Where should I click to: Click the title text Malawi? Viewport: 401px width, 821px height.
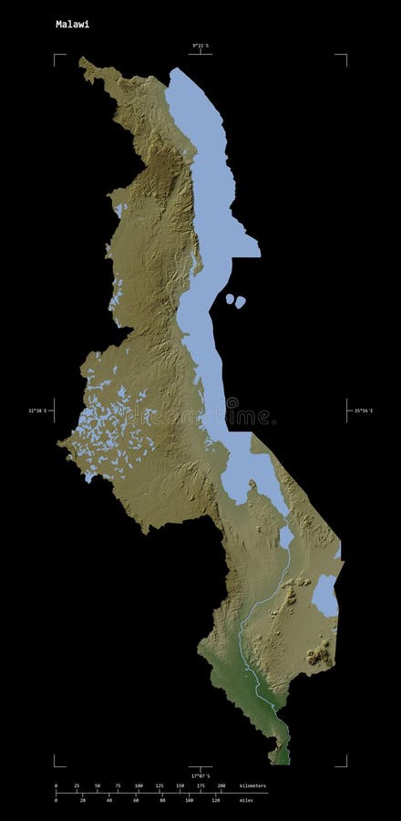pos(72,25)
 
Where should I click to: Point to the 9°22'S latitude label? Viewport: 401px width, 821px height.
pos(200,46)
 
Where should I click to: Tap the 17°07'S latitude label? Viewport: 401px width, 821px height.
pos(200,776)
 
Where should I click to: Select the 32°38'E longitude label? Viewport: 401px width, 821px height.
pos(37,411)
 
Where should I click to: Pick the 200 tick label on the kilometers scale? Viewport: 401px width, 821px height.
pos(221,785)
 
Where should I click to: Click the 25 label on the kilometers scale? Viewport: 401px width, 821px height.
pos(77,785)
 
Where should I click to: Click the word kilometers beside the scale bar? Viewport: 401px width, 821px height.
pos(253,785)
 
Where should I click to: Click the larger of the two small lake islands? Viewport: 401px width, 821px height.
pos(241,301)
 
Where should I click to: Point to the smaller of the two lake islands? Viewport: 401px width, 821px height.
pos(228,298)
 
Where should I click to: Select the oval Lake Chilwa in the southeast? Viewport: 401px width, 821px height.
pos(325,595)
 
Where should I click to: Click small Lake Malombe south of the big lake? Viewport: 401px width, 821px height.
pos(286,536)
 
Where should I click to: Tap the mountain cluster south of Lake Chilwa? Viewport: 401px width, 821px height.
pos(318,653)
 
